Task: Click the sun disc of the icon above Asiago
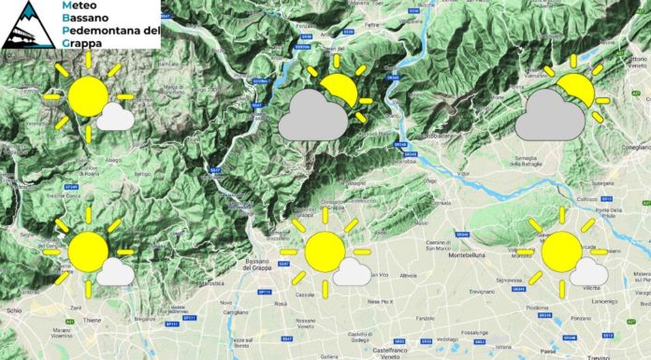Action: click(x=88, y=95)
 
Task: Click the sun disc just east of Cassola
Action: click(x=325, y=252)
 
